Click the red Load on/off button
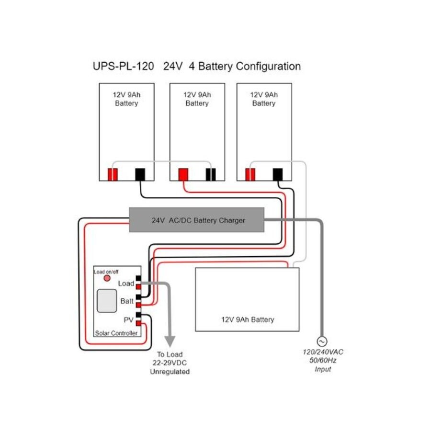point(107,278)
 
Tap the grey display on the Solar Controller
point(107,301)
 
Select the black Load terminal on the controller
point(138,278)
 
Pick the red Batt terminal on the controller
point(138,305)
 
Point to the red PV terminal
point(138,323)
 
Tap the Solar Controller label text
point(116,333)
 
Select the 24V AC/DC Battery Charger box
point(196,220)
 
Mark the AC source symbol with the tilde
point(323,341)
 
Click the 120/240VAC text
point(323,352)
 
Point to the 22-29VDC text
point(170,363)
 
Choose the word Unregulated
point(170,372)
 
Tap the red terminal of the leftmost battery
point(112,175)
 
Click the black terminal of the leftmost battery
point(140,175)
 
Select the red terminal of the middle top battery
point(183,175)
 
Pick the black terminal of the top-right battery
point(277,175)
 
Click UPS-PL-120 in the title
point(124,67)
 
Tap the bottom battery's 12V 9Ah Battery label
point(247,319)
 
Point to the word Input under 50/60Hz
point(323,369)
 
